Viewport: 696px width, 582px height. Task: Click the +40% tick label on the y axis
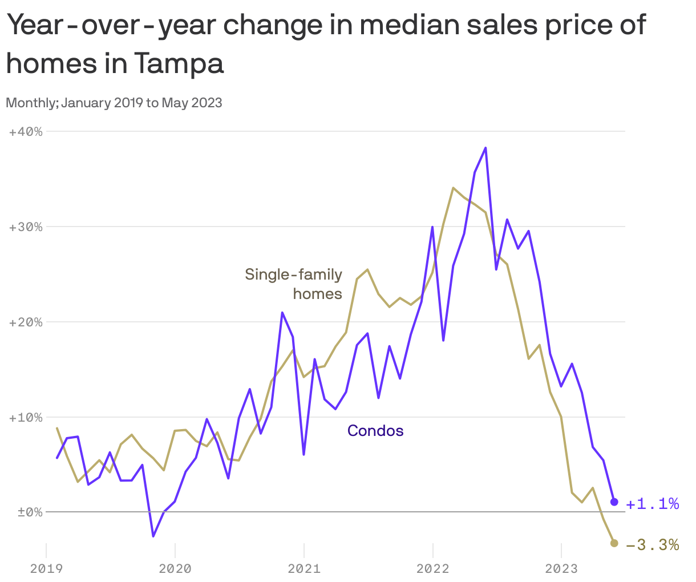[x=26, y=132]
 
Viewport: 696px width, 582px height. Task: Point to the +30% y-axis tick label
[x=26, y=227]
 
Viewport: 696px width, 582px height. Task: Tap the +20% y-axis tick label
[x=26, y=322]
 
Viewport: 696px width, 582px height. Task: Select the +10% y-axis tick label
[x=26, y=418]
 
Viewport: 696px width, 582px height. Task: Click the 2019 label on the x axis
[x=46, y=568]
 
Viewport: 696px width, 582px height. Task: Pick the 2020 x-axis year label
[x=175, y=568]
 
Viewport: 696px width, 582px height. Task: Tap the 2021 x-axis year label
[x=304, y=568]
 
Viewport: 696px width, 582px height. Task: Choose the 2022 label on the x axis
[x=433, y=568]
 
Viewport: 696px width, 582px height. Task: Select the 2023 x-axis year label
[x=561, y=568]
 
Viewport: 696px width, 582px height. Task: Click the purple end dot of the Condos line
[x=614, y=502]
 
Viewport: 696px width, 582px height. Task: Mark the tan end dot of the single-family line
[x=614, y=543]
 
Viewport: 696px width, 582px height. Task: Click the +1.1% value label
[x=652, y=504]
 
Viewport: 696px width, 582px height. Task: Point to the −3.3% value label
[x=652, y=545]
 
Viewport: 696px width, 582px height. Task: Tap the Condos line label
[x=375, y=431]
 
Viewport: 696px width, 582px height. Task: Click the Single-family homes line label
[x=294, y=284]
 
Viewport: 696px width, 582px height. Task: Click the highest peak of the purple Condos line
[x=485, y=148]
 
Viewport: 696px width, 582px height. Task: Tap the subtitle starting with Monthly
[x=114, y=103]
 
